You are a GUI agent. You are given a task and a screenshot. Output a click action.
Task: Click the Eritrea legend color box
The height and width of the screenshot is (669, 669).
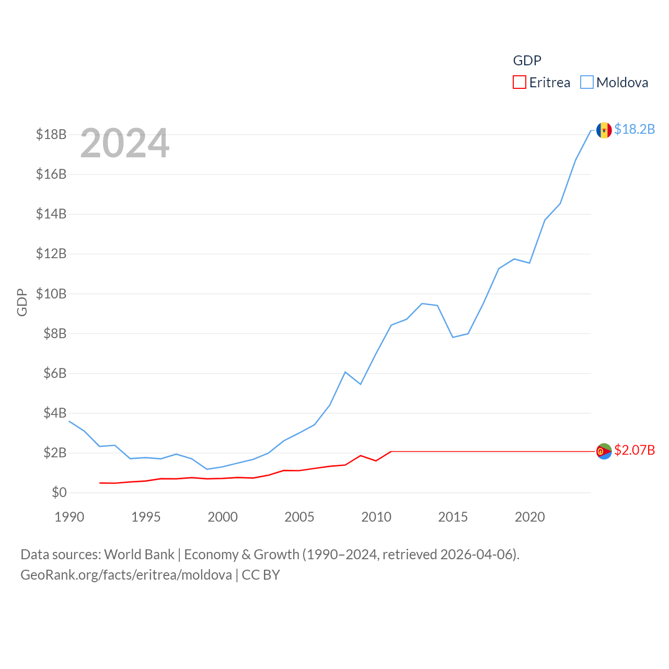[519, 83]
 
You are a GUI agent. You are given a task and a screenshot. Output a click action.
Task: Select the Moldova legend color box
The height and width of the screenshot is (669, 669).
[586, 83]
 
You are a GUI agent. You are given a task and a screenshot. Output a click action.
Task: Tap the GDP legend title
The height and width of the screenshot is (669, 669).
[527, 61]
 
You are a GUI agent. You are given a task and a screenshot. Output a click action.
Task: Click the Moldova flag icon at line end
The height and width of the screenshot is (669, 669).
[604, 130]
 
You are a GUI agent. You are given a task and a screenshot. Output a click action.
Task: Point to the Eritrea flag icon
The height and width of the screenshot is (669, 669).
[604, 451]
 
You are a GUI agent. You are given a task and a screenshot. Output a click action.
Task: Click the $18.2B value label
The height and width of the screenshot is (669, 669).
[635, 129]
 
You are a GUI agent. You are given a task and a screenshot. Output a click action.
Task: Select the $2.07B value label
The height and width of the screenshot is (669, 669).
[635, 450]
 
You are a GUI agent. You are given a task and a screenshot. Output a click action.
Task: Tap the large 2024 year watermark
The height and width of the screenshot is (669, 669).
[124, 143]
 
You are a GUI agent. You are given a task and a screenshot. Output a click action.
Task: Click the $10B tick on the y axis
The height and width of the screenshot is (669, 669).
[51, 294]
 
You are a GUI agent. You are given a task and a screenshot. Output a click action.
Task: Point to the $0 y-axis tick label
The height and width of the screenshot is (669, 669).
[59, 492]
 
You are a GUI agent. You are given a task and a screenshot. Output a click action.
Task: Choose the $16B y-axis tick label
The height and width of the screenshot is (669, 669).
[51, 174]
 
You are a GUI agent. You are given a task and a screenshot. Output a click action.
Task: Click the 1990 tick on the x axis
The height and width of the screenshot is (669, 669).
[69, 517]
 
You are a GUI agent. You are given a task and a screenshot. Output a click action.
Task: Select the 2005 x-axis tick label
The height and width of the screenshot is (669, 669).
[299, 517]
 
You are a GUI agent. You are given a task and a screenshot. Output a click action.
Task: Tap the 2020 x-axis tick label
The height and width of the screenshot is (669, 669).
[529, 517]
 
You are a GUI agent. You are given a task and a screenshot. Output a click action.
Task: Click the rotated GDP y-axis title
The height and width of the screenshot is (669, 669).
[22, 302]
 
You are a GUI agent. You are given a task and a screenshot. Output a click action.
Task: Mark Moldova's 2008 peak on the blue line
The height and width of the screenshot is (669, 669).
[345, 372]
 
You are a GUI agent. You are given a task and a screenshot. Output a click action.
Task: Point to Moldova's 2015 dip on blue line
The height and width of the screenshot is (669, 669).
[453, 337]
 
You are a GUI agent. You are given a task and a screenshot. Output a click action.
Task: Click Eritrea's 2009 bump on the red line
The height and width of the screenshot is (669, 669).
[361, 455]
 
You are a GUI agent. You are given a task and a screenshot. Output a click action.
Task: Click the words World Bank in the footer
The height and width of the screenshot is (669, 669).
[139, 554]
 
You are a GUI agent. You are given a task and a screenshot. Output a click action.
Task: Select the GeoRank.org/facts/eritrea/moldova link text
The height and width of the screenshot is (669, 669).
[126, 575]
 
